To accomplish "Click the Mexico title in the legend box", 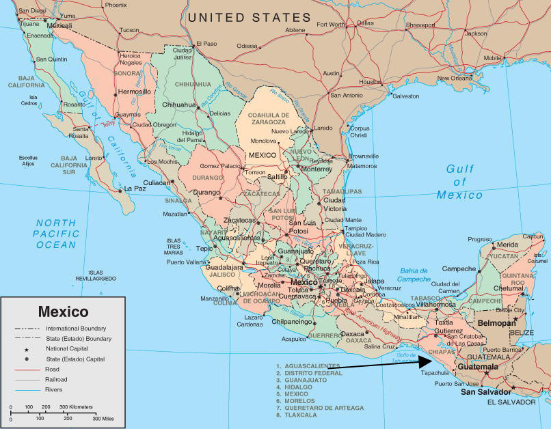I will point(63,312).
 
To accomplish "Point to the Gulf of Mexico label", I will point(459,182).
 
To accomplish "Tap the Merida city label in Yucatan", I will point(507,245).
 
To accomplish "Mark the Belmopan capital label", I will point(496,322).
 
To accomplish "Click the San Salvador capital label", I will point(485,392).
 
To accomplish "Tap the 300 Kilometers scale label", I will point(71,407).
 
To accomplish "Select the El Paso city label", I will point(206,44).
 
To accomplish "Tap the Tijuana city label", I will point(29,23).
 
